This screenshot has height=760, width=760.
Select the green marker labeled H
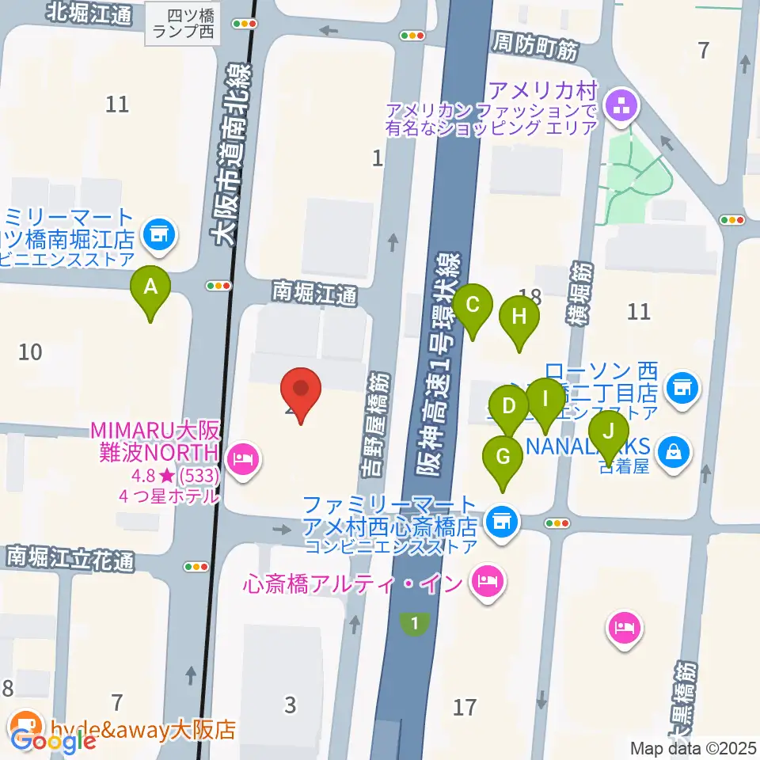(519, 318)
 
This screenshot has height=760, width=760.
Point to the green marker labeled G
(503, 458)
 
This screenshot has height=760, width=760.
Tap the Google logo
(54, 741)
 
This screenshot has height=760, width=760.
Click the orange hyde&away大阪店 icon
(25, 724)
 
